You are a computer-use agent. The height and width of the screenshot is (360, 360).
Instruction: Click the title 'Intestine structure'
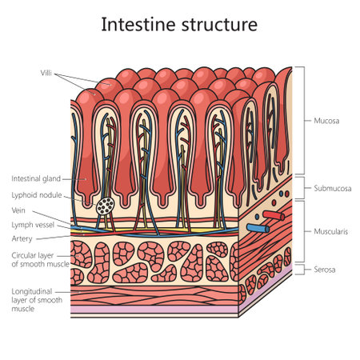pyautogui.click(x=179, y=24)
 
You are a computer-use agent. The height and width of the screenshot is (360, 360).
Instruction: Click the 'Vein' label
pyautogui.click(x=18, y=210)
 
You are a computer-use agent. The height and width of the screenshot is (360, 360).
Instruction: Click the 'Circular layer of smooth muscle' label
pyautogui.click(x=39, y=258)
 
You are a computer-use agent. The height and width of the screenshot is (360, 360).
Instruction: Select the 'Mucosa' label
pyautogui.click(x=323, y=122)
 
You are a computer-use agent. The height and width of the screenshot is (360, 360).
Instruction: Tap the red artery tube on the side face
pyautogui.click(x=274, y=215)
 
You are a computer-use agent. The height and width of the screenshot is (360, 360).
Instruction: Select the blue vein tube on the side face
pyautogui.click(x=258, y=228)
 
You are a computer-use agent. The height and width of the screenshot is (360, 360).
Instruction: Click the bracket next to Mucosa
pyautogui.click(x=301, y=122)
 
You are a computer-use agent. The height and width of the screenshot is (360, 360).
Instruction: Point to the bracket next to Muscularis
pyautogui.click(x=301, y=230)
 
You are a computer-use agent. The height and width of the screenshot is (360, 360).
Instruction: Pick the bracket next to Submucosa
pyautogui.click(x=301, y=189)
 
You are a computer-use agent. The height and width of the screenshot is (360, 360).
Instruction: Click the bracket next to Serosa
pyautogui.click(x=301, y=270)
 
